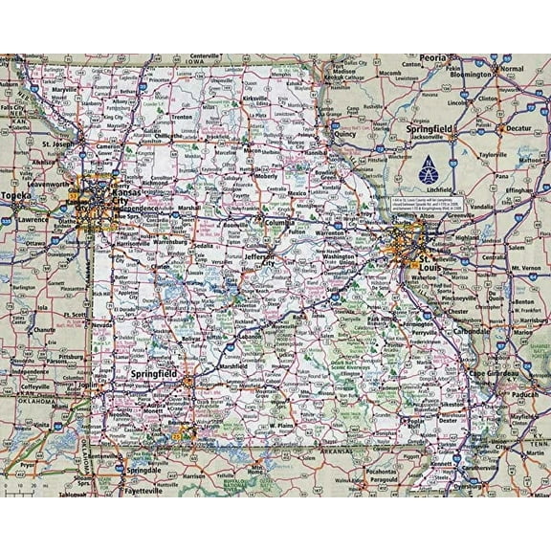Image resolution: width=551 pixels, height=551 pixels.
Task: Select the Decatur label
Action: [518, 127]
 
